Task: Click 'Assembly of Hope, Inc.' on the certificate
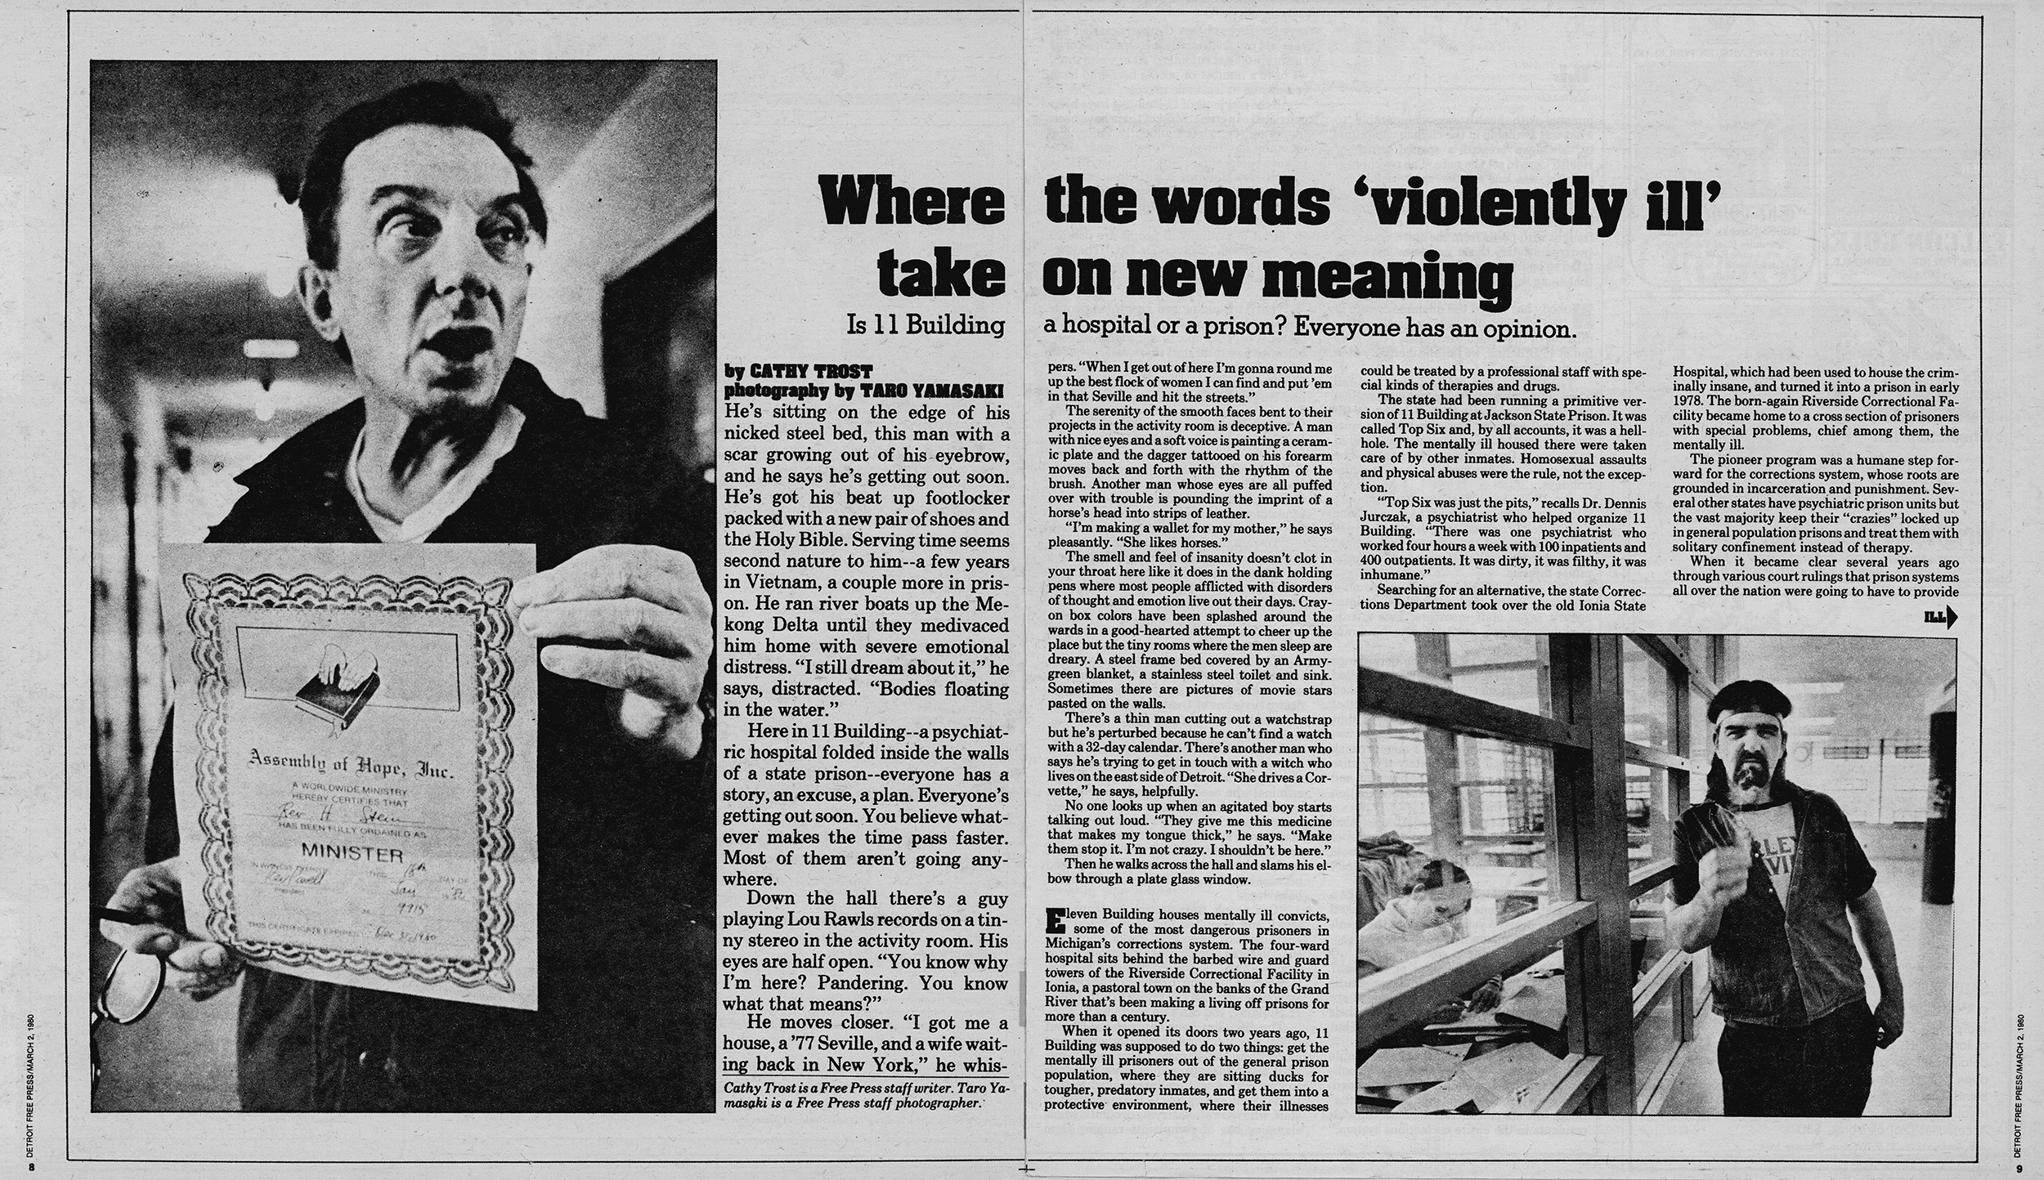point(351,768)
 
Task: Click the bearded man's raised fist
point(1729,874)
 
